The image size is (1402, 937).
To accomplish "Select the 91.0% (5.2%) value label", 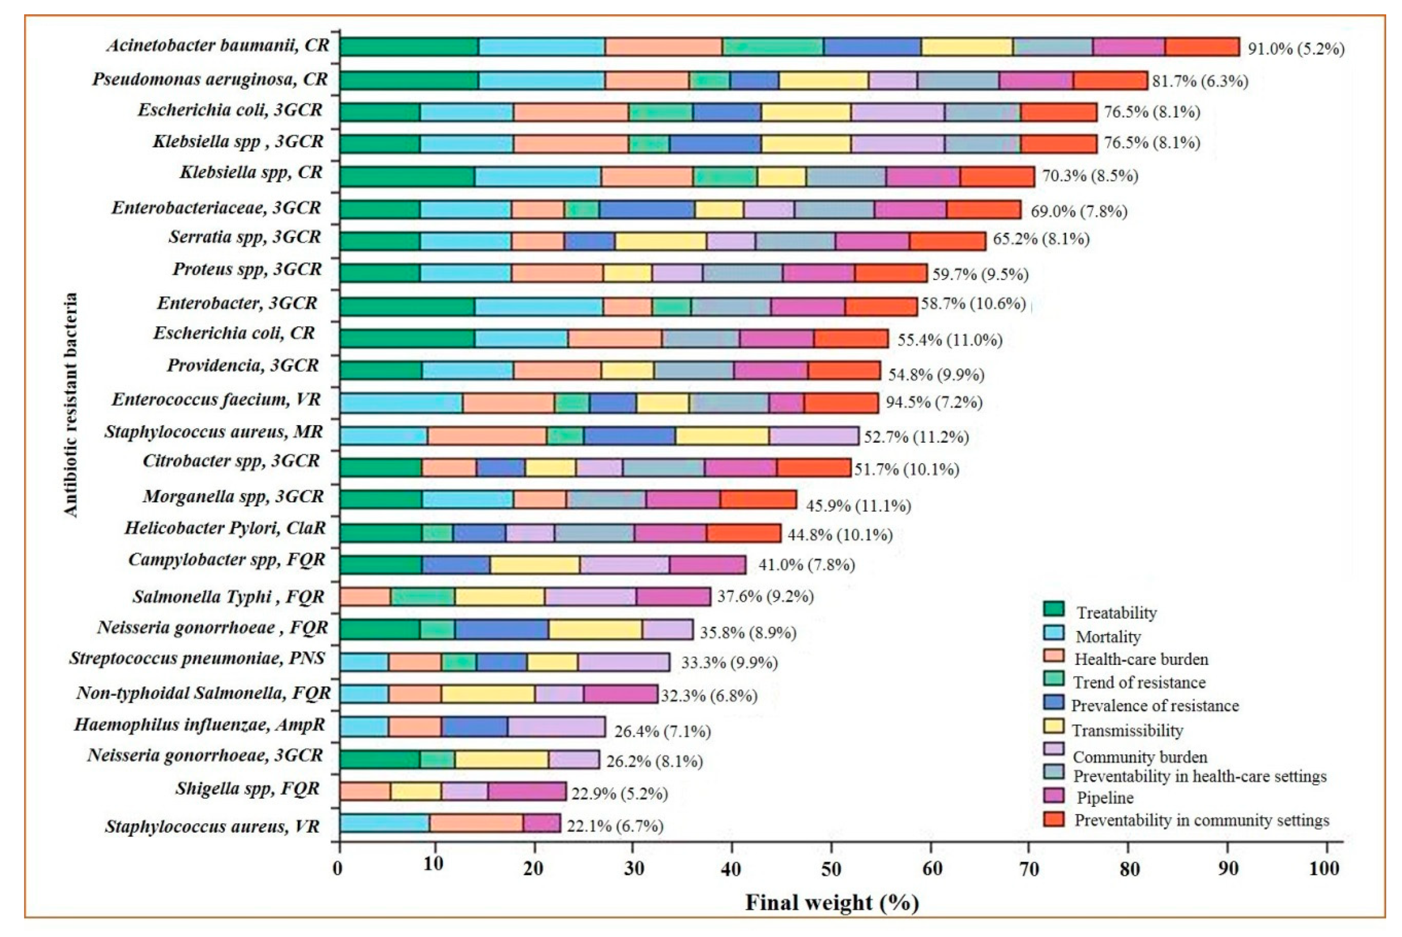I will (1296, 49).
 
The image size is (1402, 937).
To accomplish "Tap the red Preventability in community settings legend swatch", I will (1054, 819).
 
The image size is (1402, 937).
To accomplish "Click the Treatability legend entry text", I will (1116, 613).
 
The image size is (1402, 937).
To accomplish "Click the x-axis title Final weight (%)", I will (831, 902).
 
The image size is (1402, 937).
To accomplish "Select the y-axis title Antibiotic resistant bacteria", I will (71, 404).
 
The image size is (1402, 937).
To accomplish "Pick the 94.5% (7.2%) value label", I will (934, 402).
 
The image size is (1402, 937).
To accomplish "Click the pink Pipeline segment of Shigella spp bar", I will (526, 791).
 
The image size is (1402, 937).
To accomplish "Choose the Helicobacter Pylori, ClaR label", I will (225, 528).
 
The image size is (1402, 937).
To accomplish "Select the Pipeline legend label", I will (1105, 798).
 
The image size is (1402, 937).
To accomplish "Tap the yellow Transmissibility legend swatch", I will (1054, 726).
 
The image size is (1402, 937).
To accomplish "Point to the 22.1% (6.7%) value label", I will (615, 826).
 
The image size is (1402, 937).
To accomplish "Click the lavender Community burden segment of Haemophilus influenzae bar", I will (556, 727).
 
